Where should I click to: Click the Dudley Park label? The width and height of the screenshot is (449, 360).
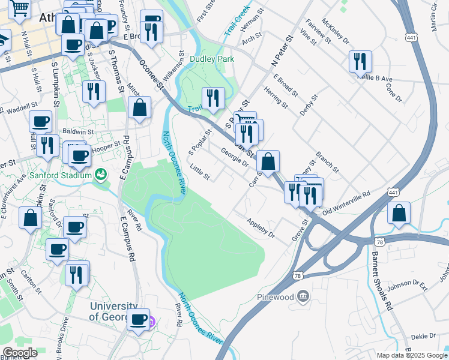pyautogui.click(x=211, y=59)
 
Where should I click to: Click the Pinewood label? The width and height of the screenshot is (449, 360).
pyautogui.click(x=274, y=297)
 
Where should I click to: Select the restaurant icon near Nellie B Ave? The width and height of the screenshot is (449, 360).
pyautogui.click(x=360, y=61)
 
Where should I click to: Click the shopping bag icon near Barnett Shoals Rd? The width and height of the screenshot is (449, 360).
pyautogui.click(x=399, y=214)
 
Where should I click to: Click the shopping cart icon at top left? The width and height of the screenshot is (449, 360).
pyautogui.click(x=20, y=8)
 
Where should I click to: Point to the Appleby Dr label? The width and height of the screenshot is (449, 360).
pyautogui.click(x=261, y=228)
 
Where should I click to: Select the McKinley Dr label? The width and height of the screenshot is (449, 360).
pyautogui.click(x=335, y=34)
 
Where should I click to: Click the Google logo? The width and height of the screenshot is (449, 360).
pyautogui.click(x=20, y=353)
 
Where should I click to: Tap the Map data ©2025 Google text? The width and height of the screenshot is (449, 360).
pyautogui.click(x=411, y=355)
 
